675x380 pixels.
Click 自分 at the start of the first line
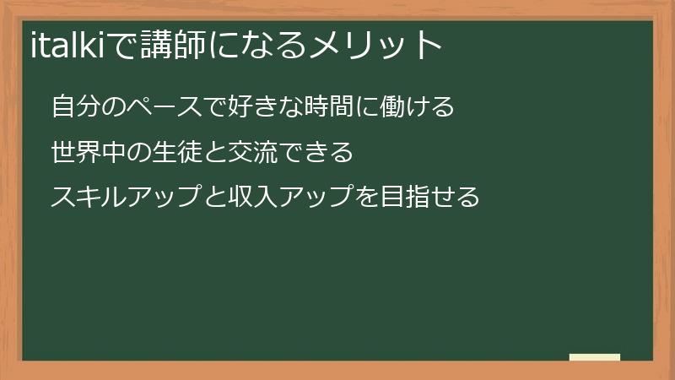(x=75, y=107)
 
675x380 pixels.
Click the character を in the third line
(x=375, y=198)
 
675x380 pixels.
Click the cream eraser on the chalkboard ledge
(x=595, y=357)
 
